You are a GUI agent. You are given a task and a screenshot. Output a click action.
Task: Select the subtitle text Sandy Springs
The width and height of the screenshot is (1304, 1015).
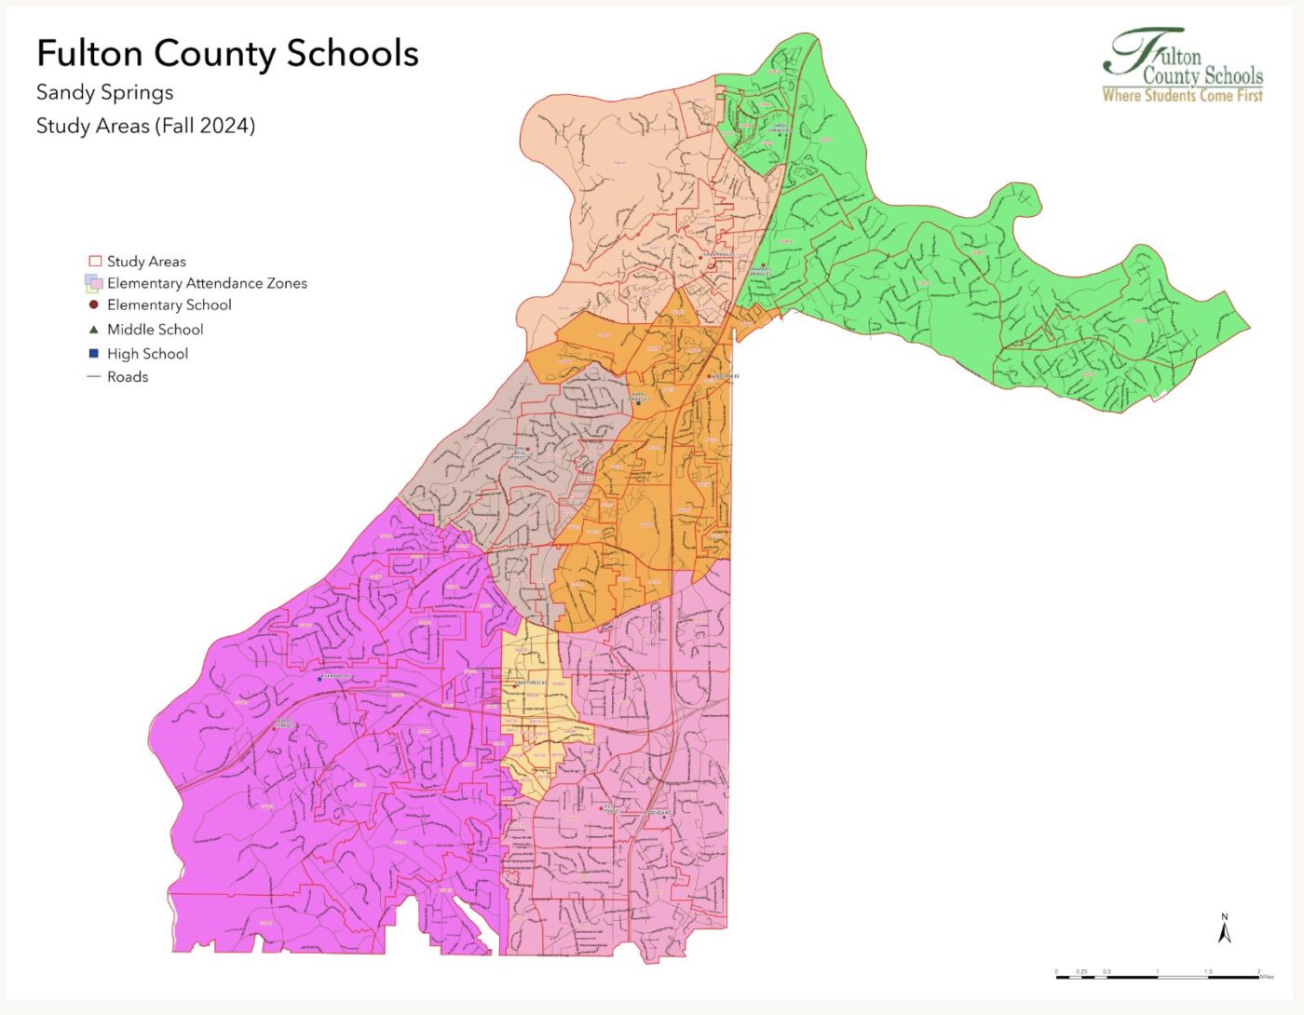point(104,92)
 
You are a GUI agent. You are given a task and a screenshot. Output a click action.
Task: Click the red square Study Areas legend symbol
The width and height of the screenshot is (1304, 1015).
point(94,262)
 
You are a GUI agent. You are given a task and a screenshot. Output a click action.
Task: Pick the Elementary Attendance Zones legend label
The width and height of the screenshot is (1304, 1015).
point(207,283)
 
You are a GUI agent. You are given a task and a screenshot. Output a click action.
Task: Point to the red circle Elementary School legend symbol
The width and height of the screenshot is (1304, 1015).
point(94,304)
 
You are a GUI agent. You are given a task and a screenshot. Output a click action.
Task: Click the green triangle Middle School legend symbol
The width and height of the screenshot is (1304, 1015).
point(94,330)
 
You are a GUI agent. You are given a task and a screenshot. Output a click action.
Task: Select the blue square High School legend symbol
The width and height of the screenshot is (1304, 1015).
point(94,354)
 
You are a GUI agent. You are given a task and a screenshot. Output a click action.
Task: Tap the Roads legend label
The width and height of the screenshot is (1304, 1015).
point(128,377)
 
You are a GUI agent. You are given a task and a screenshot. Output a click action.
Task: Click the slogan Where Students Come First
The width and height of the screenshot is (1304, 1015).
point(1182,95)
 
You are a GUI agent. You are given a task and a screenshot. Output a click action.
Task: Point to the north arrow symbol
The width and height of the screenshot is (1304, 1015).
point(1225,930)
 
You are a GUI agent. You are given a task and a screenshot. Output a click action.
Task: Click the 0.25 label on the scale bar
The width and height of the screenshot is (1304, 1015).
point(1081,971)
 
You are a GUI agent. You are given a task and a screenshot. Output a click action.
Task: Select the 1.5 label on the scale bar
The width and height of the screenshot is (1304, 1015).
point(1208,971)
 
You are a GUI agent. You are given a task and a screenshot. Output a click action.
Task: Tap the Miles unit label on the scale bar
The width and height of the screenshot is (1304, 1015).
point(1266,978)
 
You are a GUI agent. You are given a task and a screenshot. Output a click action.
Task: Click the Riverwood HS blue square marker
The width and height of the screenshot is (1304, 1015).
point(319,679)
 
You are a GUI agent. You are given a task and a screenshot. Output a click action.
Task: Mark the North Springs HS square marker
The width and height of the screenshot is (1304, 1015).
point(639,403)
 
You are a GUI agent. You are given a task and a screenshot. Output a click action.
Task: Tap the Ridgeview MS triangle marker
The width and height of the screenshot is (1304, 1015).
point(664,817)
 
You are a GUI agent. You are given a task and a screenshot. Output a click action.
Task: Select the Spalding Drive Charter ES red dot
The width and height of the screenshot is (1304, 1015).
point(528,450)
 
